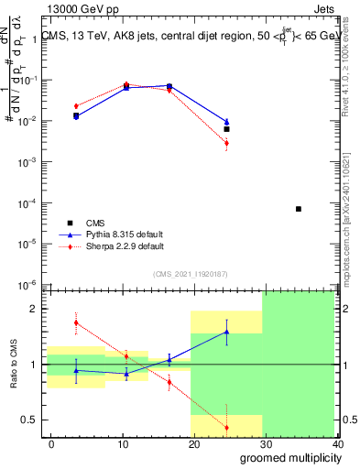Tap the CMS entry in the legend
click(95, 223)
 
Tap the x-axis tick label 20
click(194, 443)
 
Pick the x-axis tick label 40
click(337, 443)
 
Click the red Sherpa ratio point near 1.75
click(76, 322)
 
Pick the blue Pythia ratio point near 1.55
click(226, 333)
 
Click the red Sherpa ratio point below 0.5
click(226, 428)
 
